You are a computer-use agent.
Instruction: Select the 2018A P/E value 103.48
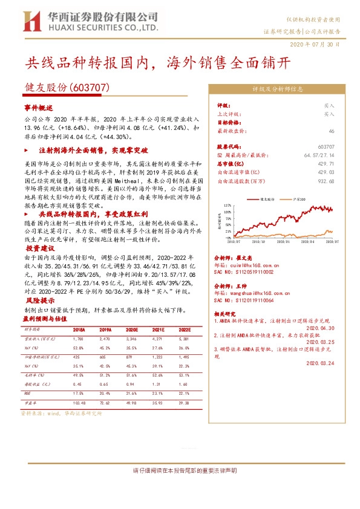(x=79, y=402)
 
